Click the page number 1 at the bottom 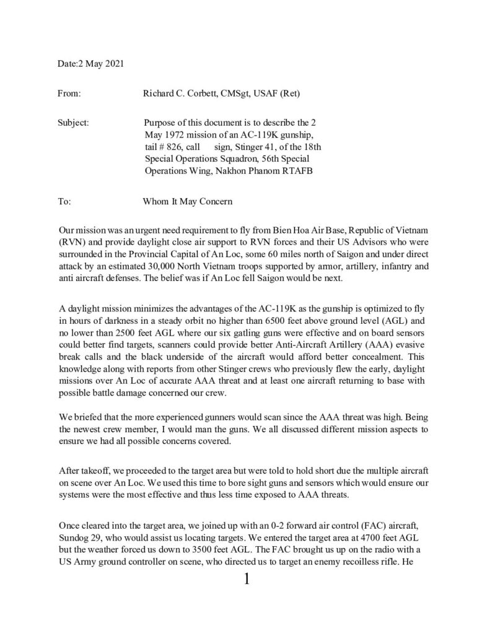point(247,580)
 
